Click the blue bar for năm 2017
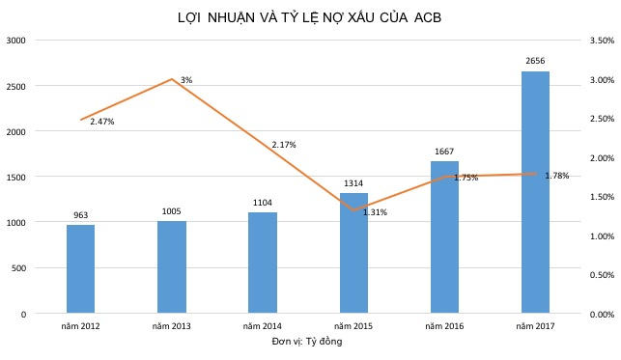(535, 193)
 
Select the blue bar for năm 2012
(81, 269)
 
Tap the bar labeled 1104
(263, 263)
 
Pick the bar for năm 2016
(444, 237)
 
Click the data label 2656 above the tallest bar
(535, 61)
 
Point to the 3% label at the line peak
(185, 80)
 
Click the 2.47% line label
(102, 122)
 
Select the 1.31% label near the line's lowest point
(375, 211)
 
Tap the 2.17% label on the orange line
(284, 145)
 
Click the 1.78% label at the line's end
(557, 176)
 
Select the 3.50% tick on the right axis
(600, 41)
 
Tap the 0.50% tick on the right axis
(600, 275)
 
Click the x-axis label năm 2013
(171, 327)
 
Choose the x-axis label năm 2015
(353, 327)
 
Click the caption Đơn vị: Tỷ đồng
(308, 342)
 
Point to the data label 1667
(444, 151)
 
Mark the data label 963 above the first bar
(81, 215)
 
